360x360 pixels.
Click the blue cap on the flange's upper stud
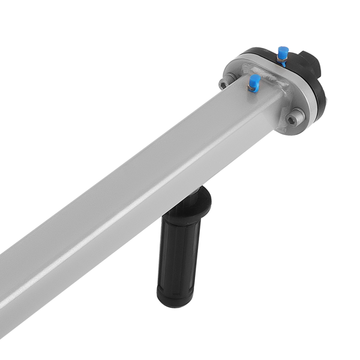[283, 49]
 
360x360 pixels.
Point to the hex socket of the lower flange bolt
[292, 119]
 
